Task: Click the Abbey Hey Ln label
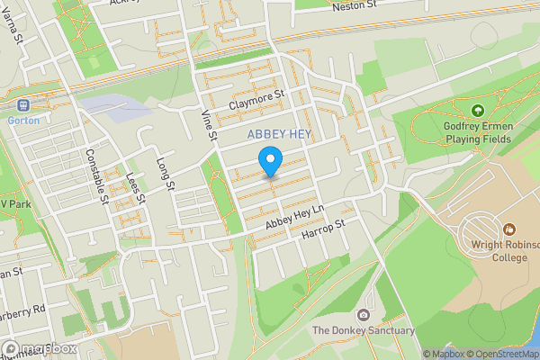[285, 217]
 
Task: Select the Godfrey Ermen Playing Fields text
[477, 132]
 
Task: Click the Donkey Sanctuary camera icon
[363, 315]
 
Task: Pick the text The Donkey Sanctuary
[363, 331]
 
